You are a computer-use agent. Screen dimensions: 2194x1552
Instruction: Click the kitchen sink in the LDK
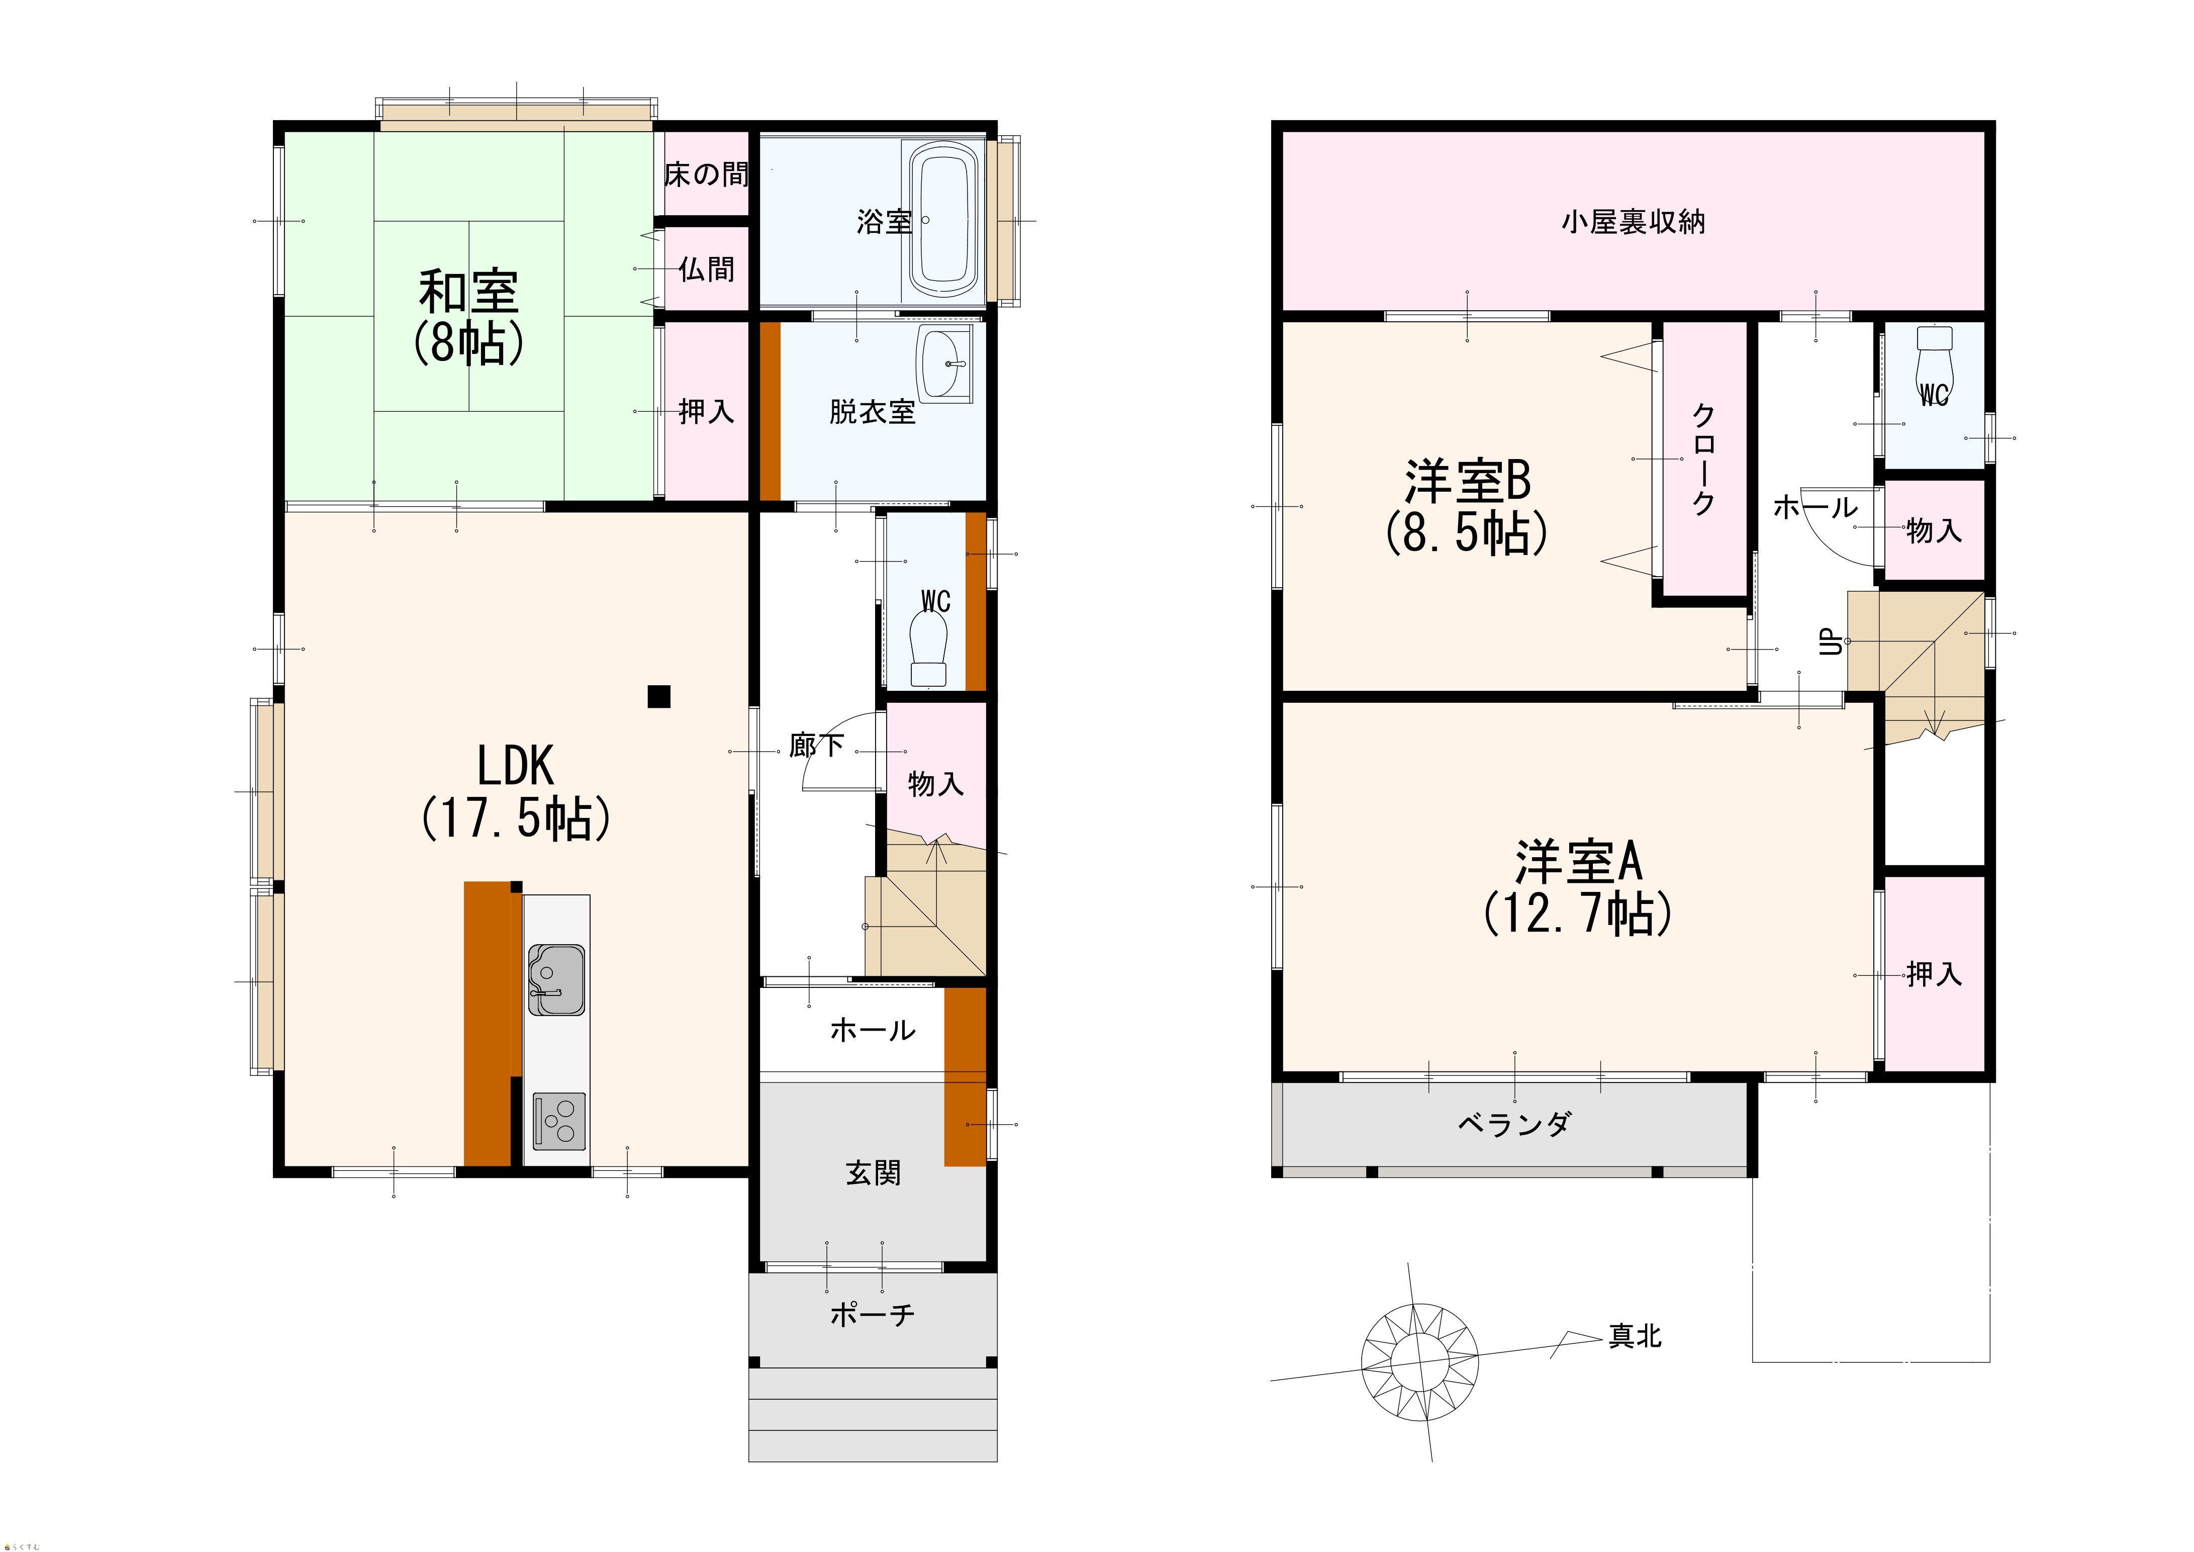pyautogui.click(x=556, y=979)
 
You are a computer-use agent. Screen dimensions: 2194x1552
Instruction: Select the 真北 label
pyautogui.click(x=1635, y=1336)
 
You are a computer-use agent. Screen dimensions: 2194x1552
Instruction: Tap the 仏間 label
pyautogui.click(x=707, y=269)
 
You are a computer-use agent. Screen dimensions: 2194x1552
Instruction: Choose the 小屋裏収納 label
pyautogui.click(x=1633, y=222)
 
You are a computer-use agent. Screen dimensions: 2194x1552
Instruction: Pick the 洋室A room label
pyautogui.click(x=1578, y=862)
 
